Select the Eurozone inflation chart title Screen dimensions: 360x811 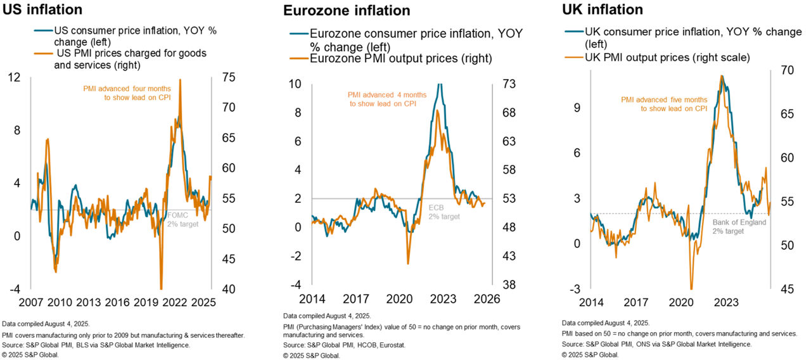pos(346,11)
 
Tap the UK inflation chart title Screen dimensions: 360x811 pos(603,10)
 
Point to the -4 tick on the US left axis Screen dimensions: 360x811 pos(14,289)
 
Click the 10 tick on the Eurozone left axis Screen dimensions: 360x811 pos(295,84)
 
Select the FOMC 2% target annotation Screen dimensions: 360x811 pos(182,219)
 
